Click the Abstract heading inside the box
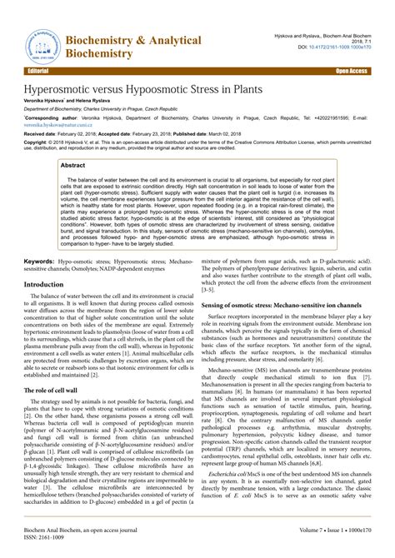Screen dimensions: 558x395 point(74,166)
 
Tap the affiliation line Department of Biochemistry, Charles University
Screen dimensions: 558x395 point(112,109)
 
